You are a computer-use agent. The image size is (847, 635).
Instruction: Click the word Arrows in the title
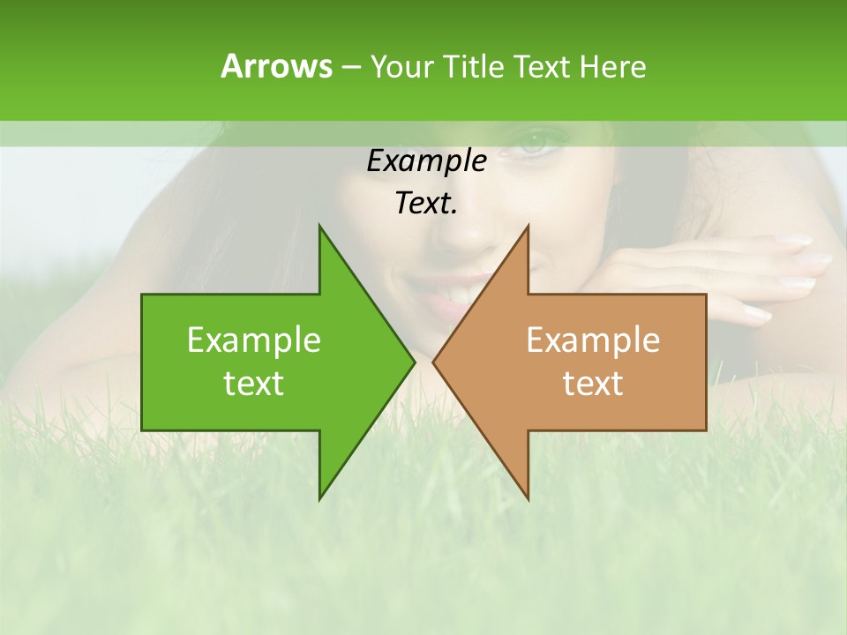tap(276, 66)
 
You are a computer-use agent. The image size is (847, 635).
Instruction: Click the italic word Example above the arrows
tap(426, 161)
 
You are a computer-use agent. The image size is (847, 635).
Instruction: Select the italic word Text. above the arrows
tap(426, 204)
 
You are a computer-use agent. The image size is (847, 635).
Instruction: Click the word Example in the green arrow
tap(254, 340)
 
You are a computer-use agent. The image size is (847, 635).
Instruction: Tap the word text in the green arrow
tap(254, 383)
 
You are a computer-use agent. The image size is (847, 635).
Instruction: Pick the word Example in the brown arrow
tap(593, 340)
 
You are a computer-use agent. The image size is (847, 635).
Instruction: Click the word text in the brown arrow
tap(593, 383)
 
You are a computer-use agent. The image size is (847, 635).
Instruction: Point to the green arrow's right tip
tap(414, 362)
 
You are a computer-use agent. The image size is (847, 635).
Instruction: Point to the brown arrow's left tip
tap(433, 362)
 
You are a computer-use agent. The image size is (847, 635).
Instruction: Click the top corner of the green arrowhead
tap(319, 226)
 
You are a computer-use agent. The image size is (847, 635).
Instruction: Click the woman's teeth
tap(459, 289)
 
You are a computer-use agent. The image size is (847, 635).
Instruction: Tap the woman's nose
tap(476, 231)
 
